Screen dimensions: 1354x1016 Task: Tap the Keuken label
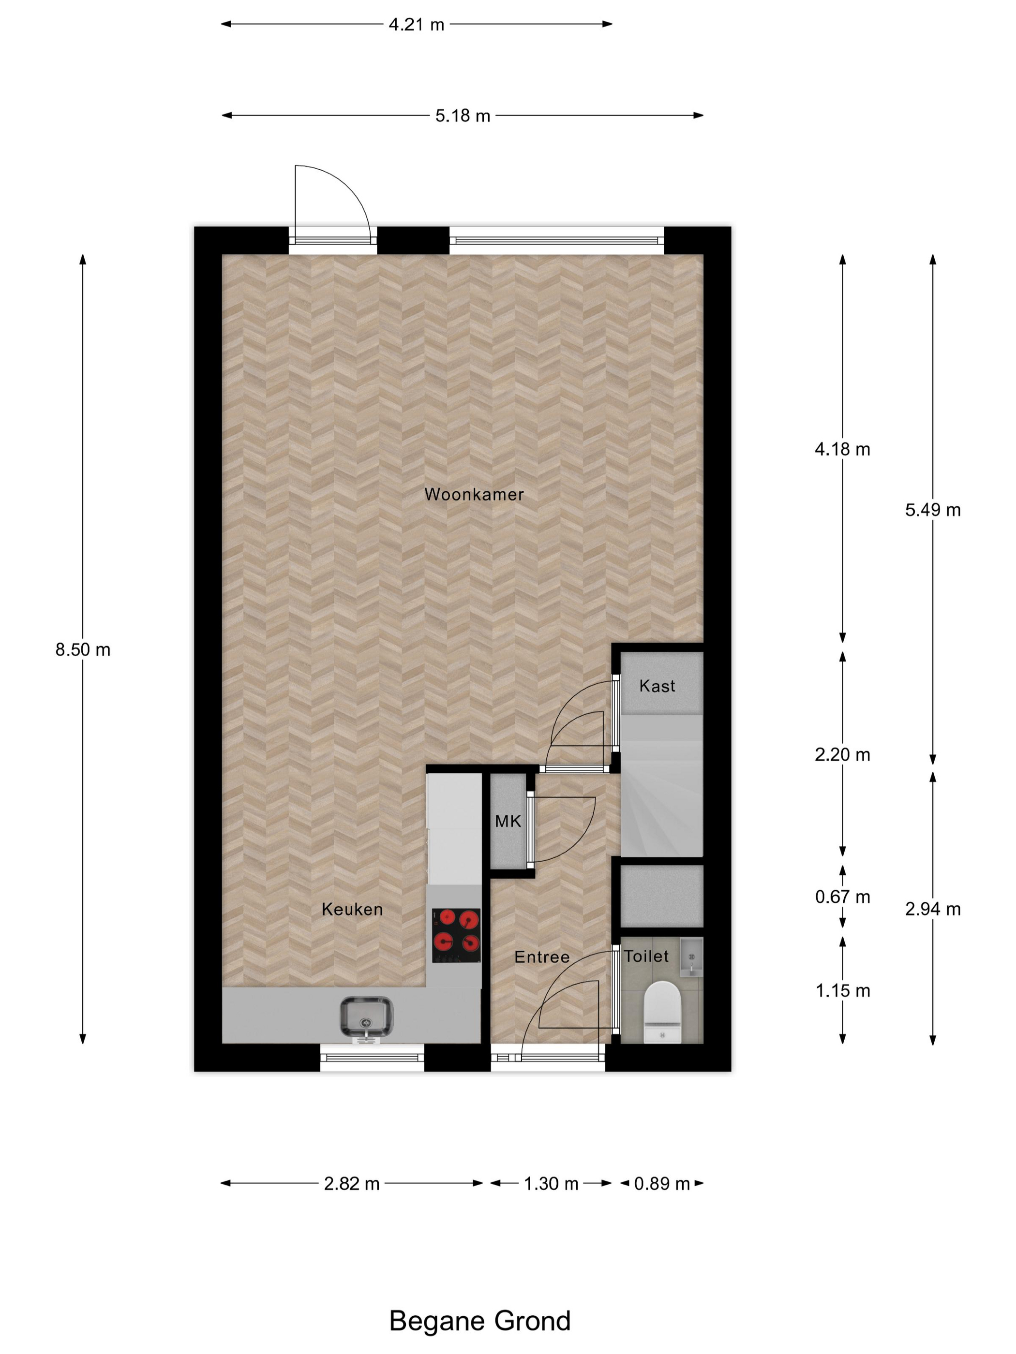pyautogui.click(x=352, y=910)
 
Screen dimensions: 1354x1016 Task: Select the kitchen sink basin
pyautogui.click(x=366, y=1017)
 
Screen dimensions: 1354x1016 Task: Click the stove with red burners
pyautogui.click(x=456, y=935)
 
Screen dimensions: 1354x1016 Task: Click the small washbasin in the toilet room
pyautogui.click(x=691, y=956)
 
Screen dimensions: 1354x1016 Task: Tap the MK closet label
pyautogui.click(x=508, y=822)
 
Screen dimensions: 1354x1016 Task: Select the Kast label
pyautogui.click(x=657, y=686)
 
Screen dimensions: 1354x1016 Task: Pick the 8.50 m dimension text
pyautogui.click(x=83, y=649)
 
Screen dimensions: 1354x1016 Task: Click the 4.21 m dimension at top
pyautogui.click(x=417, y=25)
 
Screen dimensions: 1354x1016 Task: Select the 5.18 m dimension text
pyautogui.click(x=463, y=116)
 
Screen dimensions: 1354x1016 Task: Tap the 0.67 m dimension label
pyautogui.click(x=842, y=898)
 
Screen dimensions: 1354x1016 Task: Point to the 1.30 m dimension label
pyautogui.click(x=551, y=1184)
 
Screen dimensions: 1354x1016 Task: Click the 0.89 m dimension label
pyautogui.click(x=661, y=1184)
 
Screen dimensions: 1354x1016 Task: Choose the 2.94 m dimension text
pyautogui.click(x=932, y=910)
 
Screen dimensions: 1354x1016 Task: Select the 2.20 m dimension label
pyautogui.click(x=842, y=755)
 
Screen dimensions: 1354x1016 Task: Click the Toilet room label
pyautogui.click(x=646, y=956)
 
